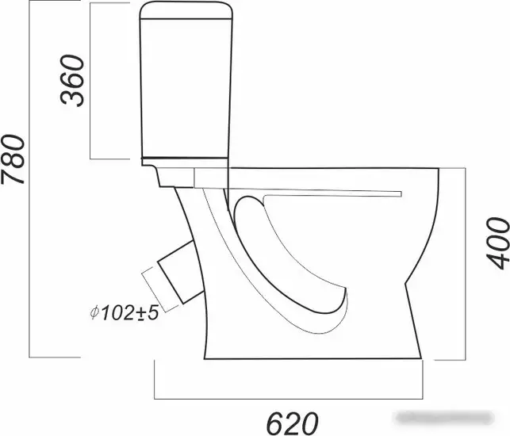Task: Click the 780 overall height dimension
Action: tap(13, 159)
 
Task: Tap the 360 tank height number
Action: tap(72, 80)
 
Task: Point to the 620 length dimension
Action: tap(292, 423)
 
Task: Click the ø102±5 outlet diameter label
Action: tap(125, 313)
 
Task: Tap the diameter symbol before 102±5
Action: tap(94, 313)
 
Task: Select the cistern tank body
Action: tap(186, 88)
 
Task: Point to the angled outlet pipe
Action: tap(181, 272)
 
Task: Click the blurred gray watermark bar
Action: tap(445, 418)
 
